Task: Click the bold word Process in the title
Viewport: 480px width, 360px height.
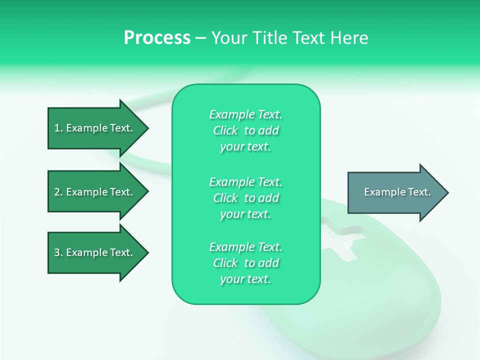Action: [x=157, y=38]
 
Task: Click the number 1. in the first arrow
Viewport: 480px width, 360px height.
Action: [x=58, y=128]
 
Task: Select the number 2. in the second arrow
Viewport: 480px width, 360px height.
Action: [x=58, y=192]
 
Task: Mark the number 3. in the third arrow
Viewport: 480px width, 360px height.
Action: [x=58, y=252]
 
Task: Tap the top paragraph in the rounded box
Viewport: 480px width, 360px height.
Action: [x=245, y=130]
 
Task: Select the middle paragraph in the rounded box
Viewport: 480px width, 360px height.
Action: [x=245, y=198]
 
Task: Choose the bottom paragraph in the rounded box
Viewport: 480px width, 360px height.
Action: [x=245, y=263]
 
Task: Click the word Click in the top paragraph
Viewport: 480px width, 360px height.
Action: [x=225, y=130]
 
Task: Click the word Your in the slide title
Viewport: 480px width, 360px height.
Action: [x=227, y=38]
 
